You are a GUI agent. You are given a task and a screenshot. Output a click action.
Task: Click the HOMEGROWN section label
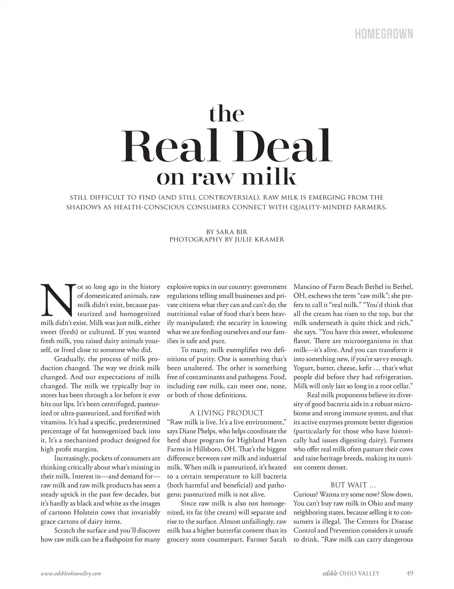coord(384,34)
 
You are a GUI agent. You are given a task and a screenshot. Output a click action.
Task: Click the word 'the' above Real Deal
coord(226,114)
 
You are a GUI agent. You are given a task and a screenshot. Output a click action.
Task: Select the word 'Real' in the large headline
coord(168,147)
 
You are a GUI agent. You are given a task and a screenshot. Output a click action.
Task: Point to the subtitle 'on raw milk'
coord(226,177)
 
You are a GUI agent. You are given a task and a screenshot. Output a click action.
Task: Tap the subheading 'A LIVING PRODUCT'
coord(226,413)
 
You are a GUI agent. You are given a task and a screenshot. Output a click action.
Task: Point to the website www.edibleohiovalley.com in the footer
coord(71,573)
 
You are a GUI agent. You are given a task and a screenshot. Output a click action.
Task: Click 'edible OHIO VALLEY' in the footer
coord(348,573)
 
